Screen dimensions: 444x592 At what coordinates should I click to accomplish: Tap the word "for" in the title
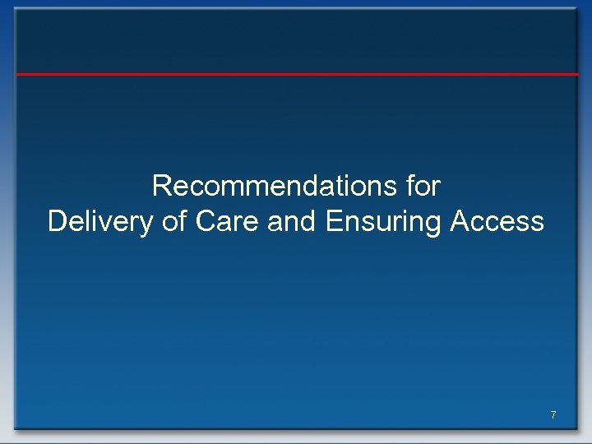coord(423,187)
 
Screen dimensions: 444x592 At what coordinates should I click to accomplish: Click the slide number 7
coord(553,415)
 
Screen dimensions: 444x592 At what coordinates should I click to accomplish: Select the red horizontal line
coord(296,74)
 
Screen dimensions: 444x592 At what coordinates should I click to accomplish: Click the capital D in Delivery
coord(58,222)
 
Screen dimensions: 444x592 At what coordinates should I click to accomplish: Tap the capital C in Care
coord(206,222)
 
